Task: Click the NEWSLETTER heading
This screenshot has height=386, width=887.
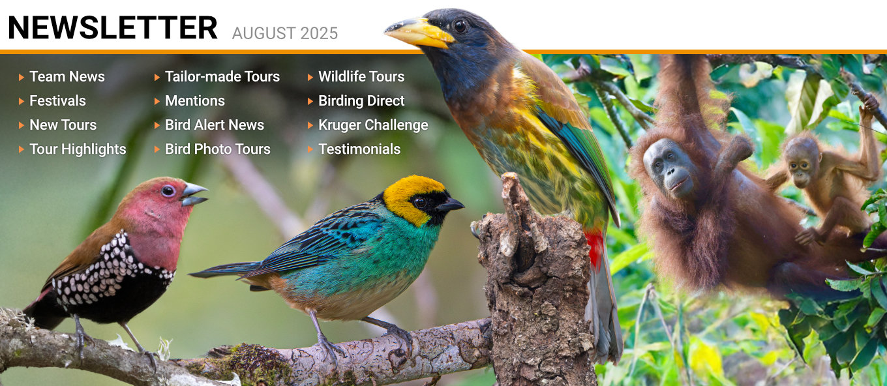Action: pyautogui.click(x=113, y=28)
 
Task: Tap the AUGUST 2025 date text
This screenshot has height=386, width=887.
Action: pyautogui.click(x=285, y=33)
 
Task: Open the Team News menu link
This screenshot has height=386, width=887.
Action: pyautogui.click(x=67, y=76)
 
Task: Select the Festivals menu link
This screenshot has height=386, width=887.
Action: pyautogui.click(x=57, y=100)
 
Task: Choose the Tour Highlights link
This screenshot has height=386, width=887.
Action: pyautogui.click(x=78, y=149)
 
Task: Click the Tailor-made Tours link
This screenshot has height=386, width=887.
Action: pyautogui.click(x=222, y=76)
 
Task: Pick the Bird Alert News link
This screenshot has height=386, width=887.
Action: pyautogui.click(x=214, y=125)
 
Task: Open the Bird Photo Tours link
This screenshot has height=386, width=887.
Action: pyautogui.click(x=217, y=149)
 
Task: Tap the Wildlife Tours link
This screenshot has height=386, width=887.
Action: pyautogui.click(x=361, y=76)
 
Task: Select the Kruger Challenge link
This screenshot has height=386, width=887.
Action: pyautogui.click(x=373, y=125)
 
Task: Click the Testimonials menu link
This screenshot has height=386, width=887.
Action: pyautogui.click(x=359, y=149)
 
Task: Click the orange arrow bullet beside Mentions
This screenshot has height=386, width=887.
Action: pyautogui.click(x=157, y=101)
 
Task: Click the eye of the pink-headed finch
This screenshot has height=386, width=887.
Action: pyautogui.click(x=168, y=191)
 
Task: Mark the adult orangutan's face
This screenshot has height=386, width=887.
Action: pyautogui.click(x=669, y=168)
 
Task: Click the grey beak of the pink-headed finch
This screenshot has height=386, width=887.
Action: pyautogui.click(x=194, y=194)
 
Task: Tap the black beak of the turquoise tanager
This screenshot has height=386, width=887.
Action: pyautogui.click(x=451, y=205)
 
